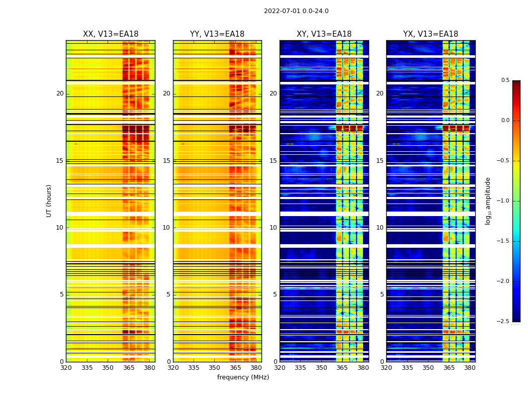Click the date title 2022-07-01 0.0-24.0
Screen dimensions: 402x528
(x=296, y=11)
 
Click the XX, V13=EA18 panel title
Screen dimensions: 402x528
(x=111, y=34)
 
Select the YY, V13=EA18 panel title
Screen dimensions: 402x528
(x=217, y=34)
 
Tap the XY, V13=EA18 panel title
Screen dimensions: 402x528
(x=324, y=34)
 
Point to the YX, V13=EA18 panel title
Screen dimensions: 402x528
(x=430, y=34)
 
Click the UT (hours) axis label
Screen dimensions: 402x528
(x=49, y=200)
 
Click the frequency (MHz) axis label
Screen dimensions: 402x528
(x=243, y=377)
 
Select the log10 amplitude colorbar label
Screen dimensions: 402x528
(x=488, y=201)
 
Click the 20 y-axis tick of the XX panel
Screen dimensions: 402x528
(x=60, y=93)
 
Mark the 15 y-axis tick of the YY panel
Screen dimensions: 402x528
(x=166, y=161)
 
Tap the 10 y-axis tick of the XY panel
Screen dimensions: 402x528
(x=273, y=228)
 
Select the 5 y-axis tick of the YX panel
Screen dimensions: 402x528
(x=382, y=294)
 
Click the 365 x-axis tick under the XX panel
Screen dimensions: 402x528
(x=129, y=368)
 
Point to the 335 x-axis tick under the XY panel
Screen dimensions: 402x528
(x=301, y=368)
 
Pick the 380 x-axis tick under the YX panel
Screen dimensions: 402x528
(x=470, y=368)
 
